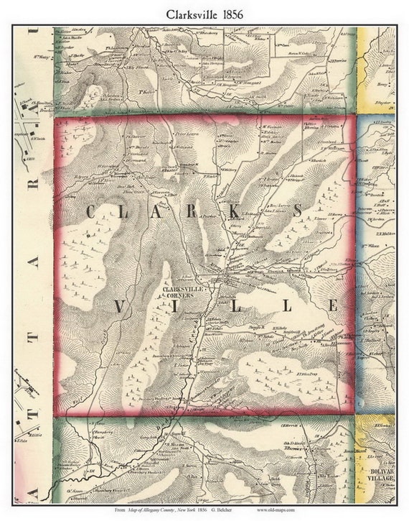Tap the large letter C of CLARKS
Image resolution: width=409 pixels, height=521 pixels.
click(x=91, y=211)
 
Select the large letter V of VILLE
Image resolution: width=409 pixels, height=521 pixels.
click(x=120, y=306)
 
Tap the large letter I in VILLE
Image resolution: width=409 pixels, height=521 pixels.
click(x=177, y=306)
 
